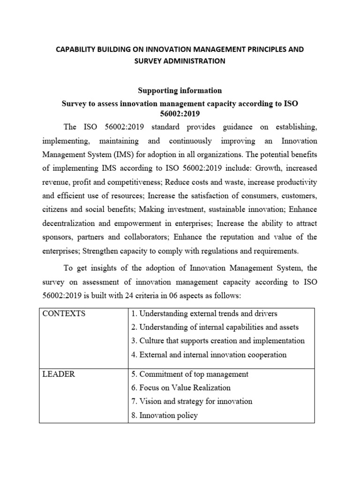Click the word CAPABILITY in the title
[x=78, y=49]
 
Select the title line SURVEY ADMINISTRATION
[x=180, y=61]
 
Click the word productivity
[x=295, y=181]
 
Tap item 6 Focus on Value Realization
[x=181, y=388]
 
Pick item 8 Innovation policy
[x=165, y=415]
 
